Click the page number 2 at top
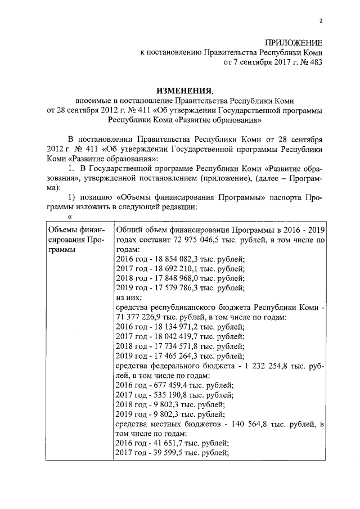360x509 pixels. [320, 22]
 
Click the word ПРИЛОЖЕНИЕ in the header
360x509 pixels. [294, 43]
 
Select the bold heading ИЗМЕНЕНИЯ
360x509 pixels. [184, 90]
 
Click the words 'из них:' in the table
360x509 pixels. [128, 298]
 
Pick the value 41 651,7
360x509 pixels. [166, 443]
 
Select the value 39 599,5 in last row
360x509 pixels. [166, 452]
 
